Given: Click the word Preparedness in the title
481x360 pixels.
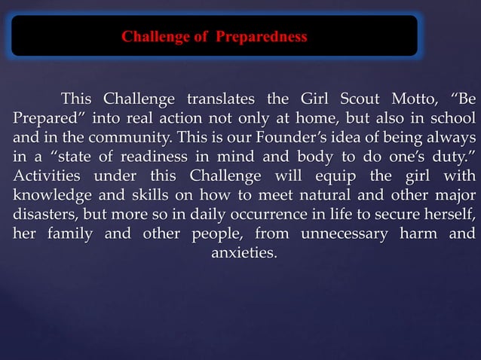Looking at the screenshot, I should pyautogui.click(x=261, y=36).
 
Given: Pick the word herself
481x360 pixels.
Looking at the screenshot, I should pyautogui.click(x=449, y=215).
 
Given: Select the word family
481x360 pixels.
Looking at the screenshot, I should pyautogui.click(x=64, y=233).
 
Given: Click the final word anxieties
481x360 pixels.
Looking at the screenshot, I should pyautogui.click(x=242, y=252).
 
